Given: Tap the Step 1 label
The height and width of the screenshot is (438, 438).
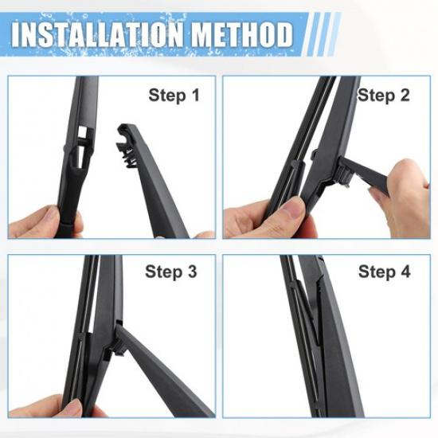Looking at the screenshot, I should [x=174, y=96].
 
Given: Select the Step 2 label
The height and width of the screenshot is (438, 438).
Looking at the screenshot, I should [x=384, y=96].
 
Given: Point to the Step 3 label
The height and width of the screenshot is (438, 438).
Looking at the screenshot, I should [x=170, y=272].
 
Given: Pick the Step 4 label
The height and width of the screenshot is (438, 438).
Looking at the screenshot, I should [x=384, y=272].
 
